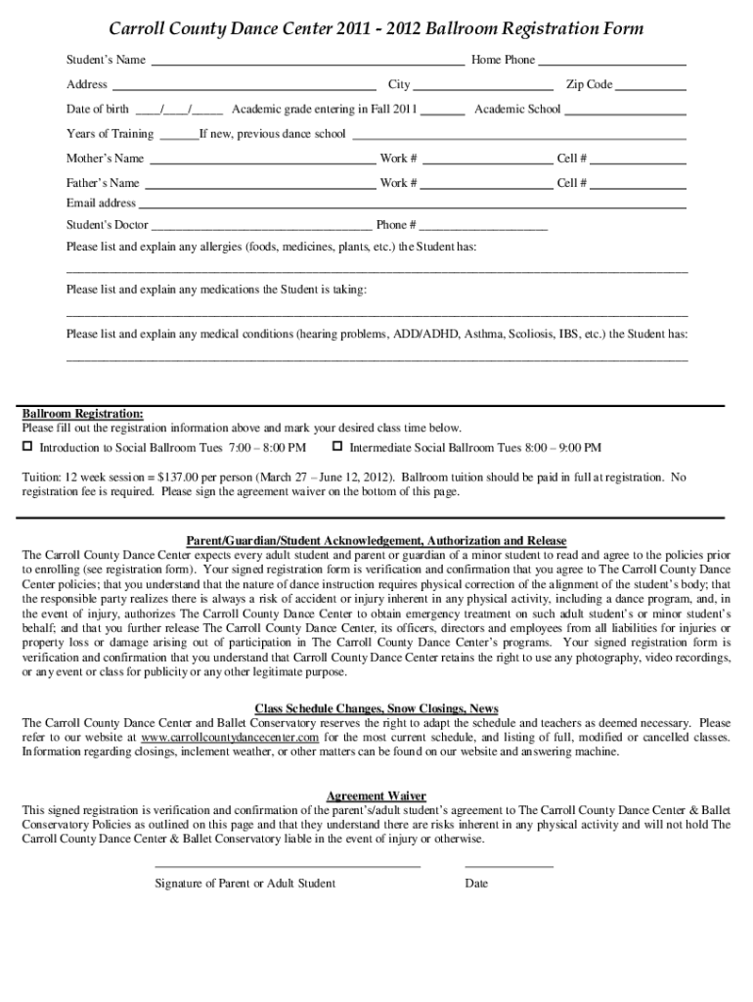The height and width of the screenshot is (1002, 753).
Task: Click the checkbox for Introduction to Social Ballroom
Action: click(x=28, y=447)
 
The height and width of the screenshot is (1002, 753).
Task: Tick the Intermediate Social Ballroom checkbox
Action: click(x=337, y=447)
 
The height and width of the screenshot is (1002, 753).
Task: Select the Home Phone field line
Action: click(x=612, y=62)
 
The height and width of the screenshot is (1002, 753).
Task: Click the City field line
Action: click(x=484, y=86)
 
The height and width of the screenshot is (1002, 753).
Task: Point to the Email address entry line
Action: click(x=412, y=205)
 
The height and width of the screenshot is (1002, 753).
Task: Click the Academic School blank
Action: click(x=626, y=111)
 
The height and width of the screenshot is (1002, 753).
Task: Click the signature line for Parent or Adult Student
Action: click(x=288, y=866)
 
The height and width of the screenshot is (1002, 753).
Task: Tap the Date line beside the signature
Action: click(x=509, y=866)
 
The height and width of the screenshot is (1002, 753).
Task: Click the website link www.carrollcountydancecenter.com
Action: click(x=230, y=736)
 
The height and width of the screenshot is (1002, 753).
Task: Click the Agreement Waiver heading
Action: click(x=376, y=797)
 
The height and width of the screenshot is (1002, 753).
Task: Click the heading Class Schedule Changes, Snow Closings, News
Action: click(x=376, y=708)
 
